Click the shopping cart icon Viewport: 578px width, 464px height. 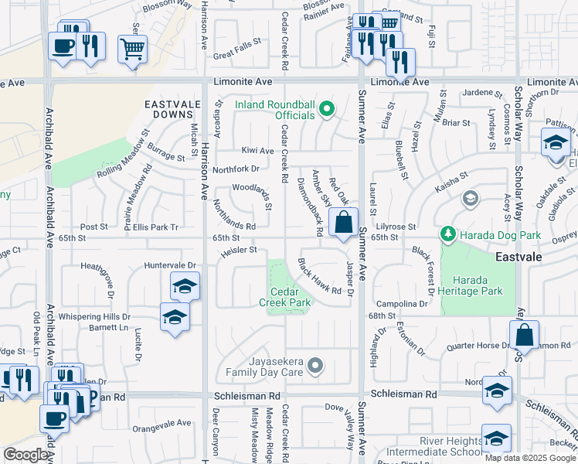coord(132,50)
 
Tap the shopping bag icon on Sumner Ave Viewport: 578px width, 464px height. coord(343,223)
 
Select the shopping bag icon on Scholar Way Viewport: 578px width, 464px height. coord(524,336)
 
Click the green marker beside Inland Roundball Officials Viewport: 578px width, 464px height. coord(327,109)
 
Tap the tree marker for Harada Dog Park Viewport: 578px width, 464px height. coord(447,233)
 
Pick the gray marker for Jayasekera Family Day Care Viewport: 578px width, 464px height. coord(314,364)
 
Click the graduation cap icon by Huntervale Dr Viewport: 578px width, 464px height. coord(185,287)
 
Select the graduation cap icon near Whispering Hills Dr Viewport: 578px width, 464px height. coord(175,317)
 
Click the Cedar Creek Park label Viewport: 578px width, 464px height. coord(290,297)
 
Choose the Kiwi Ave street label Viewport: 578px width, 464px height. coord(257,151)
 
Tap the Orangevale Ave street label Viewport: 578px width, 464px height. coord(161,423)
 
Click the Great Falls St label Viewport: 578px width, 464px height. coord(236,54)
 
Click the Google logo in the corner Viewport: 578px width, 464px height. coord(25,455)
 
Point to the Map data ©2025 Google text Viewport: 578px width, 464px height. coord(530,457)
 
